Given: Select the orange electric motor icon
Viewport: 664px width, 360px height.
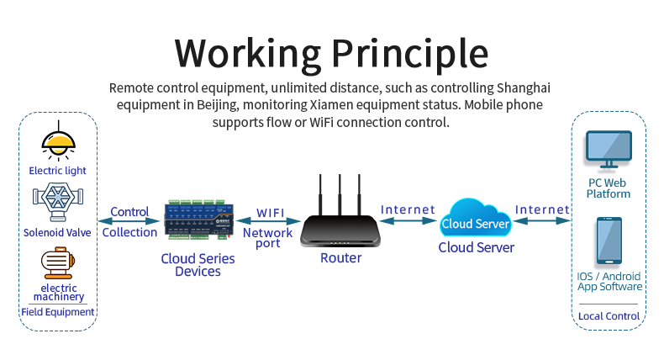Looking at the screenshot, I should [58, 262].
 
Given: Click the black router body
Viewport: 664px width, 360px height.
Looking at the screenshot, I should [340, 230].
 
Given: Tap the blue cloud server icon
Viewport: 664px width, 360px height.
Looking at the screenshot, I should [476, 220].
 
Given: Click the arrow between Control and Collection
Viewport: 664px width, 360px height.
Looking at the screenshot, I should [129, 222].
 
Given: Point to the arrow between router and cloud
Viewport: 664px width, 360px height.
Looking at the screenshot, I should [408, 221].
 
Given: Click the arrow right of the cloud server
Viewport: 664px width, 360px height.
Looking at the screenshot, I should [541, 221].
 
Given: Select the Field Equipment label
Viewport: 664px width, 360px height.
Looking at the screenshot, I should [58, 312].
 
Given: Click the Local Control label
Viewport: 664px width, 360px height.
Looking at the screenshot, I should [609, 316].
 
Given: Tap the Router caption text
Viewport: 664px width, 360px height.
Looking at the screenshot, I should [340, 258].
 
